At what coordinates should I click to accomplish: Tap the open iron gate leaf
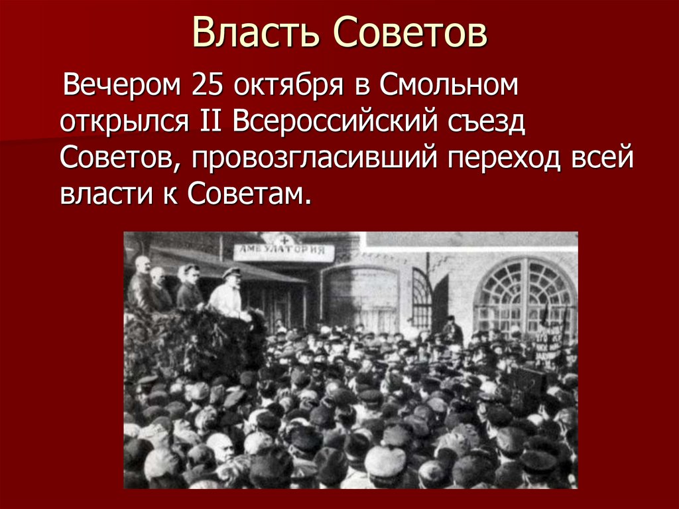pyautogui.click(x=422, y=299)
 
